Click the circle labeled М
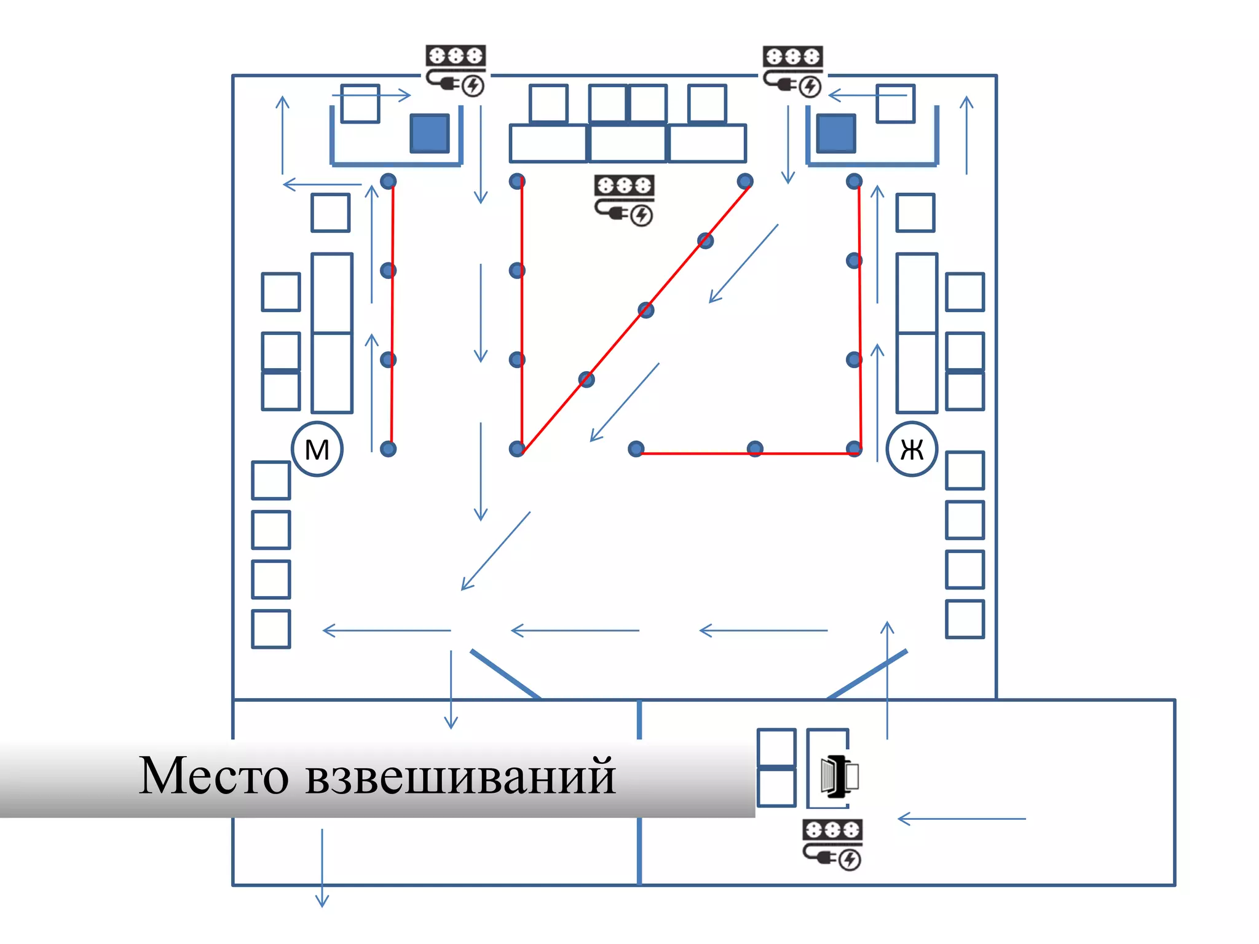click(x=317, y=449)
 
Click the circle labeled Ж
click(x=912, y=449)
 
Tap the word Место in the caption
click(x=213, y=776)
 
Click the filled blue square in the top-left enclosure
click(x=430, y=133)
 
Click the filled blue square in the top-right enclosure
click(x=836, y=133)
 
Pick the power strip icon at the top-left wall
click(x=456, y=70)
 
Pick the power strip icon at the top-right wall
click(x=793, y=71)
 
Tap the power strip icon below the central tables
click(x=624, y=200)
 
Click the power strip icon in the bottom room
click(x=832, y=844)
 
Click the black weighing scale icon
click(x=839, y=777)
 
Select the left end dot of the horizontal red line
click(x=636, y=449)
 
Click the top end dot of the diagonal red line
click(x=745, y=181)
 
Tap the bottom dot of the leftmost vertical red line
click(x=388, y=449)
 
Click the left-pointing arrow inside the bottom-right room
click(x=961, y=819)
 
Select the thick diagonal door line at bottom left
click(x=505, y=674)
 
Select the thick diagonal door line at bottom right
click(x=867, y=674)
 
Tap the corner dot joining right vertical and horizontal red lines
click(x=854, y=449)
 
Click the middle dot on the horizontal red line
click(x=755, y=449)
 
